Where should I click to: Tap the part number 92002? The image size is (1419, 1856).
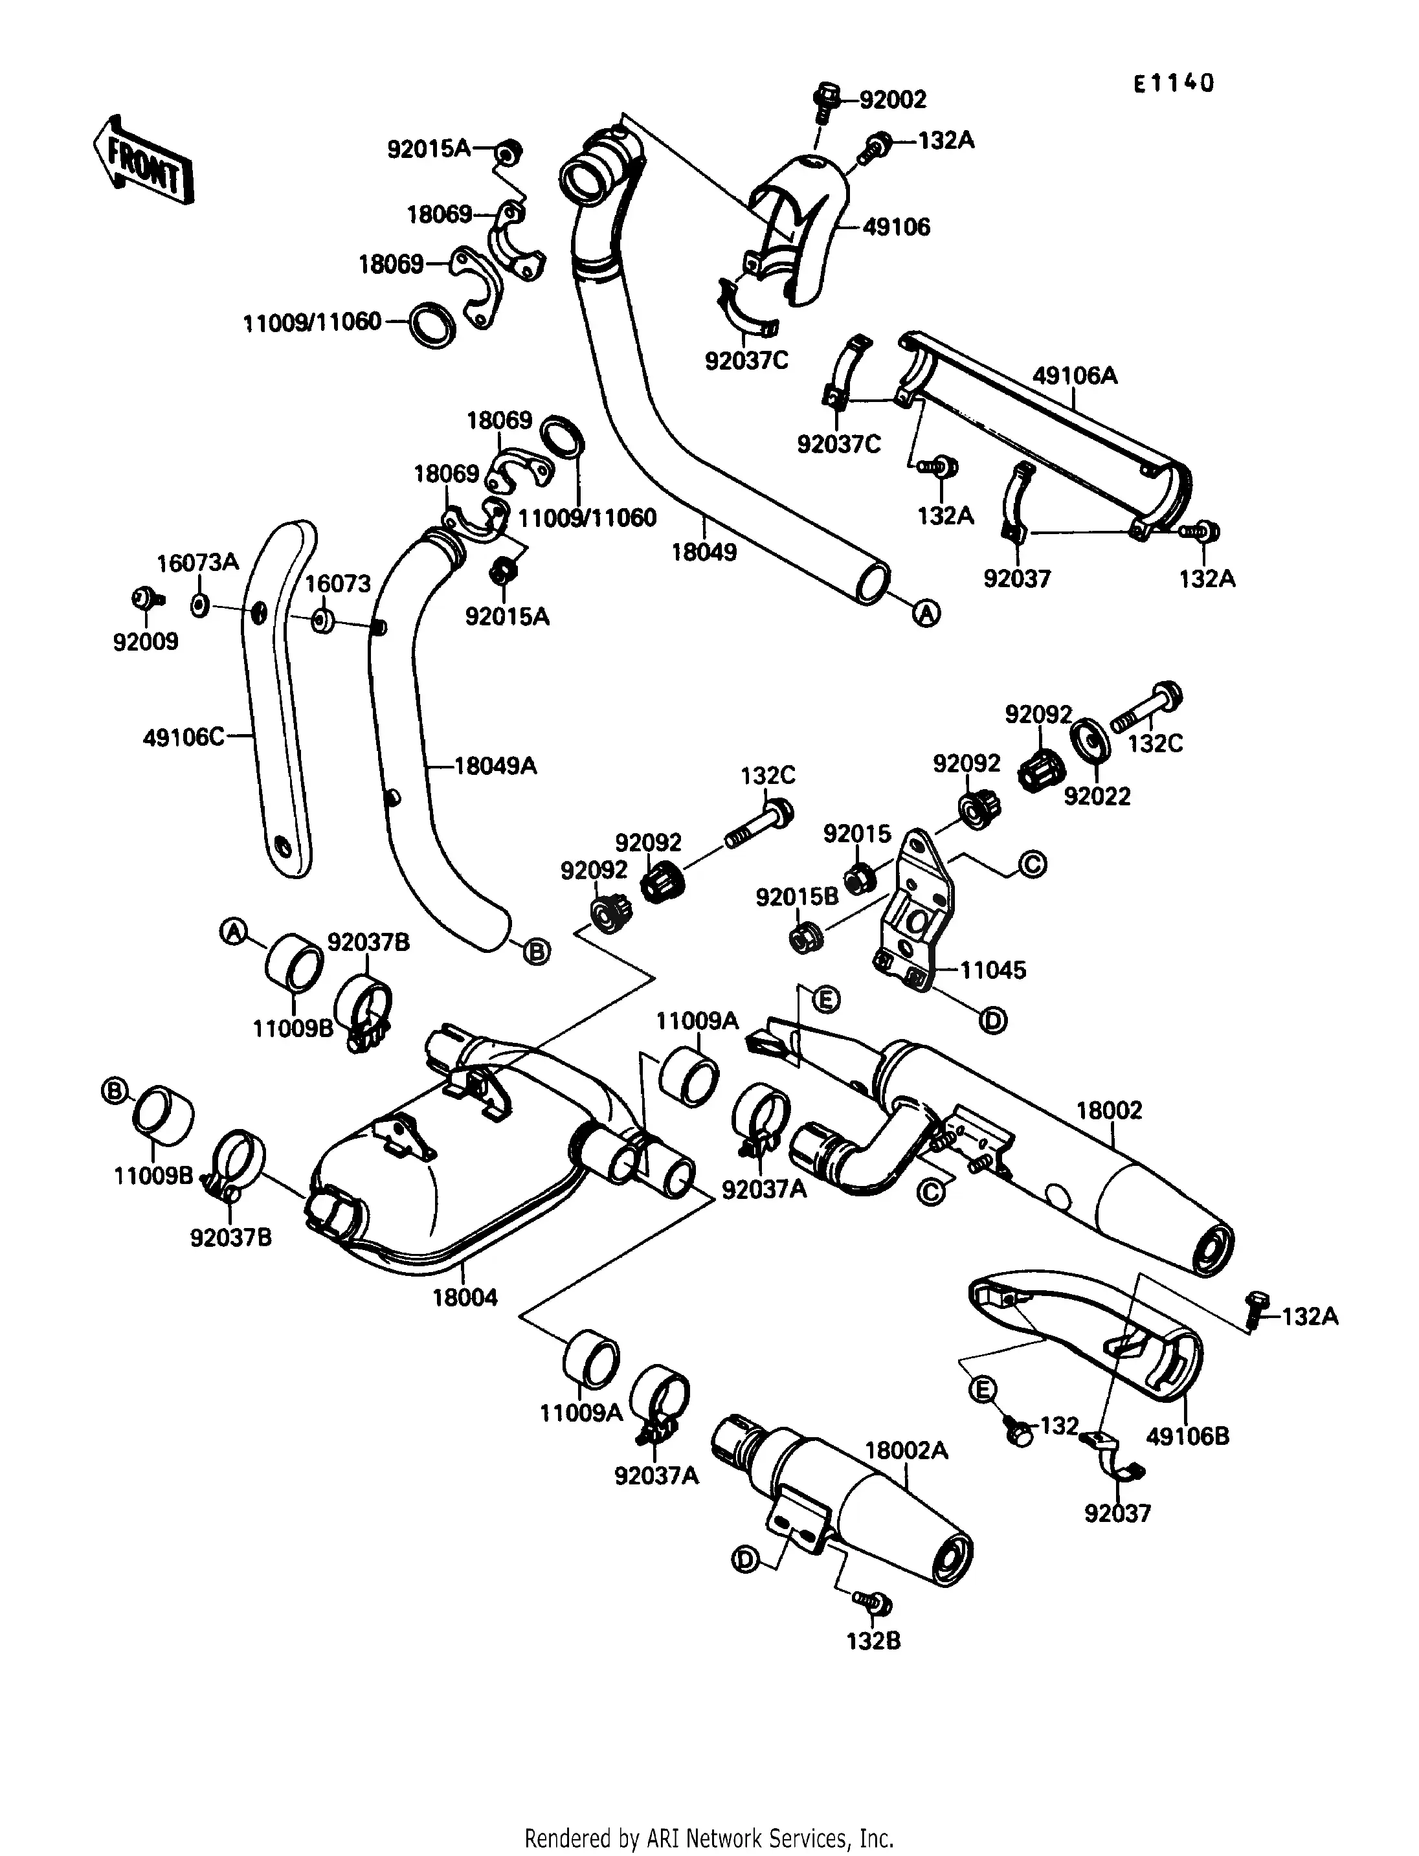point(893,100)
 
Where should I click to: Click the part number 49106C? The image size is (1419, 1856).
point(183,737)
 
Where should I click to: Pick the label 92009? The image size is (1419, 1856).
point(146,642)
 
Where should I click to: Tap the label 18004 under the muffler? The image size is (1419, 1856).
point(465,1297)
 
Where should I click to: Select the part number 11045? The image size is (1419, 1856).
point(992,970)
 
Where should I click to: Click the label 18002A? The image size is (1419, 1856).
point(906,1451)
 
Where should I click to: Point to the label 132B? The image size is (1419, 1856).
point(873,1642)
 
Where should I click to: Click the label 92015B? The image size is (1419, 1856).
point(796,897)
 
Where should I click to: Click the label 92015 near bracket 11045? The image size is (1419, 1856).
point(856,834)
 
